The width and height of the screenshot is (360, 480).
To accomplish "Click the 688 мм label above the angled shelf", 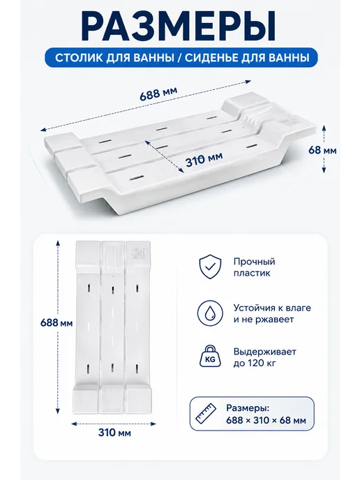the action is [158, 93].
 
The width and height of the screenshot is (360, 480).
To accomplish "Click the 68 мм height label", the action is [322, 150].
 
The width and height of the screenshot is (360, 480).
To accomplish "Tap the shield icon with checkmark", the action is [210, 267].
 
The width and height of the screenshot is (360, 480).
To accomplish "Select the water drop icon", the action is [210, 313].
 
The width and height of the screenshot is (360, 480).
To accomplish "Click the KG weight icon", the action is [210, 357].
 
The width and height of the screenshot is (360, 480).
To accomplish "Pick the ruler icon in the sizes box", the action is [205, 414].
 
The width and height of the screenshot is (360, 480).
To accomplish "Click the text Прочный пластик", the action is [255, 267].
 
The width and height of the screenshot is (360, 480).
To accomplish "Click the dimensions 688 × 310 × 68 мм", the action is [266, 420].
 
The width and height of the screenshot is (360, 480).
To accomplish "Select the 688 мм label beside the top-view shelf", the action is [57, 323].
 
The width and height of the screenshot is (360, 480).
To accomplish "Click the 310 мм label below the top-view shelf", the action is [114, 433].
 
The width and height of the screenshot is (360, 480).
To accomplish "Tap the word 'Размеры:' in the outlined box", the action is [248, 408].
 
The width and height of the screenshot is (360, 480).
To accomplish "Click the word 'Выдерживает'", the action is [265, 352].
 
